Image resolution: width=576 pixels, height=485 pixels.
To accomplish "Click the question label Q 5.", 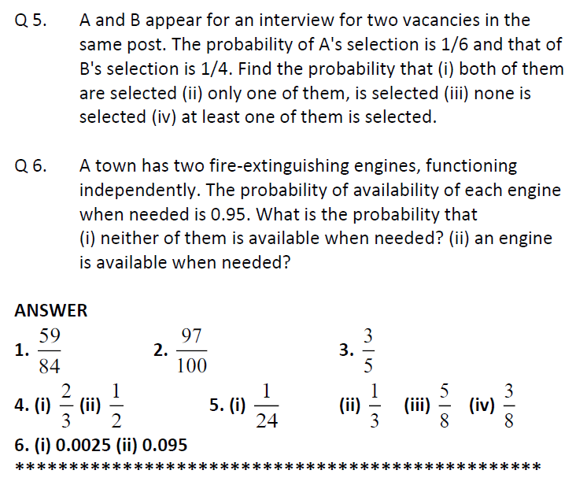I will tap(31, 20).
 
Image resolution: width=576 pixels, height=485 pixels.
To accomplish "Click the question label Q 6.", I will tap(31, 166).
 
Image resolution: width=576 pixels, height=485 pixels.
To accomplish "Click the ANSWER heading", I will tap(51, 310).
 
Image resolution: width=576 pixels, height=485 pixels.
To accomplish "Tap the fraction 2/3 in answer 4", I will tap(66, 405).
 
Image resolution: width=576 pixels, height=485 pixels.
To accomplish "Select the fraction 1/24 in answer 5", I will tap(267, 405).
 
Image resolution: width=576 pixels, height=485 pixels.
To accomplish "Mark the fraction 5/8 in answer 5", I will tap(445, 405).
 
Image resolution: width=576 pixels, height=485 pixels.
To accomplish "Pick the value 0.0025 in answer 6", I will tap(75, 446).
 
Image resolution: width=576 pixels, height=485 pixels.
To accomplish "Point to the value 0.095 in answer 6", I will tap(161, 446).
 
